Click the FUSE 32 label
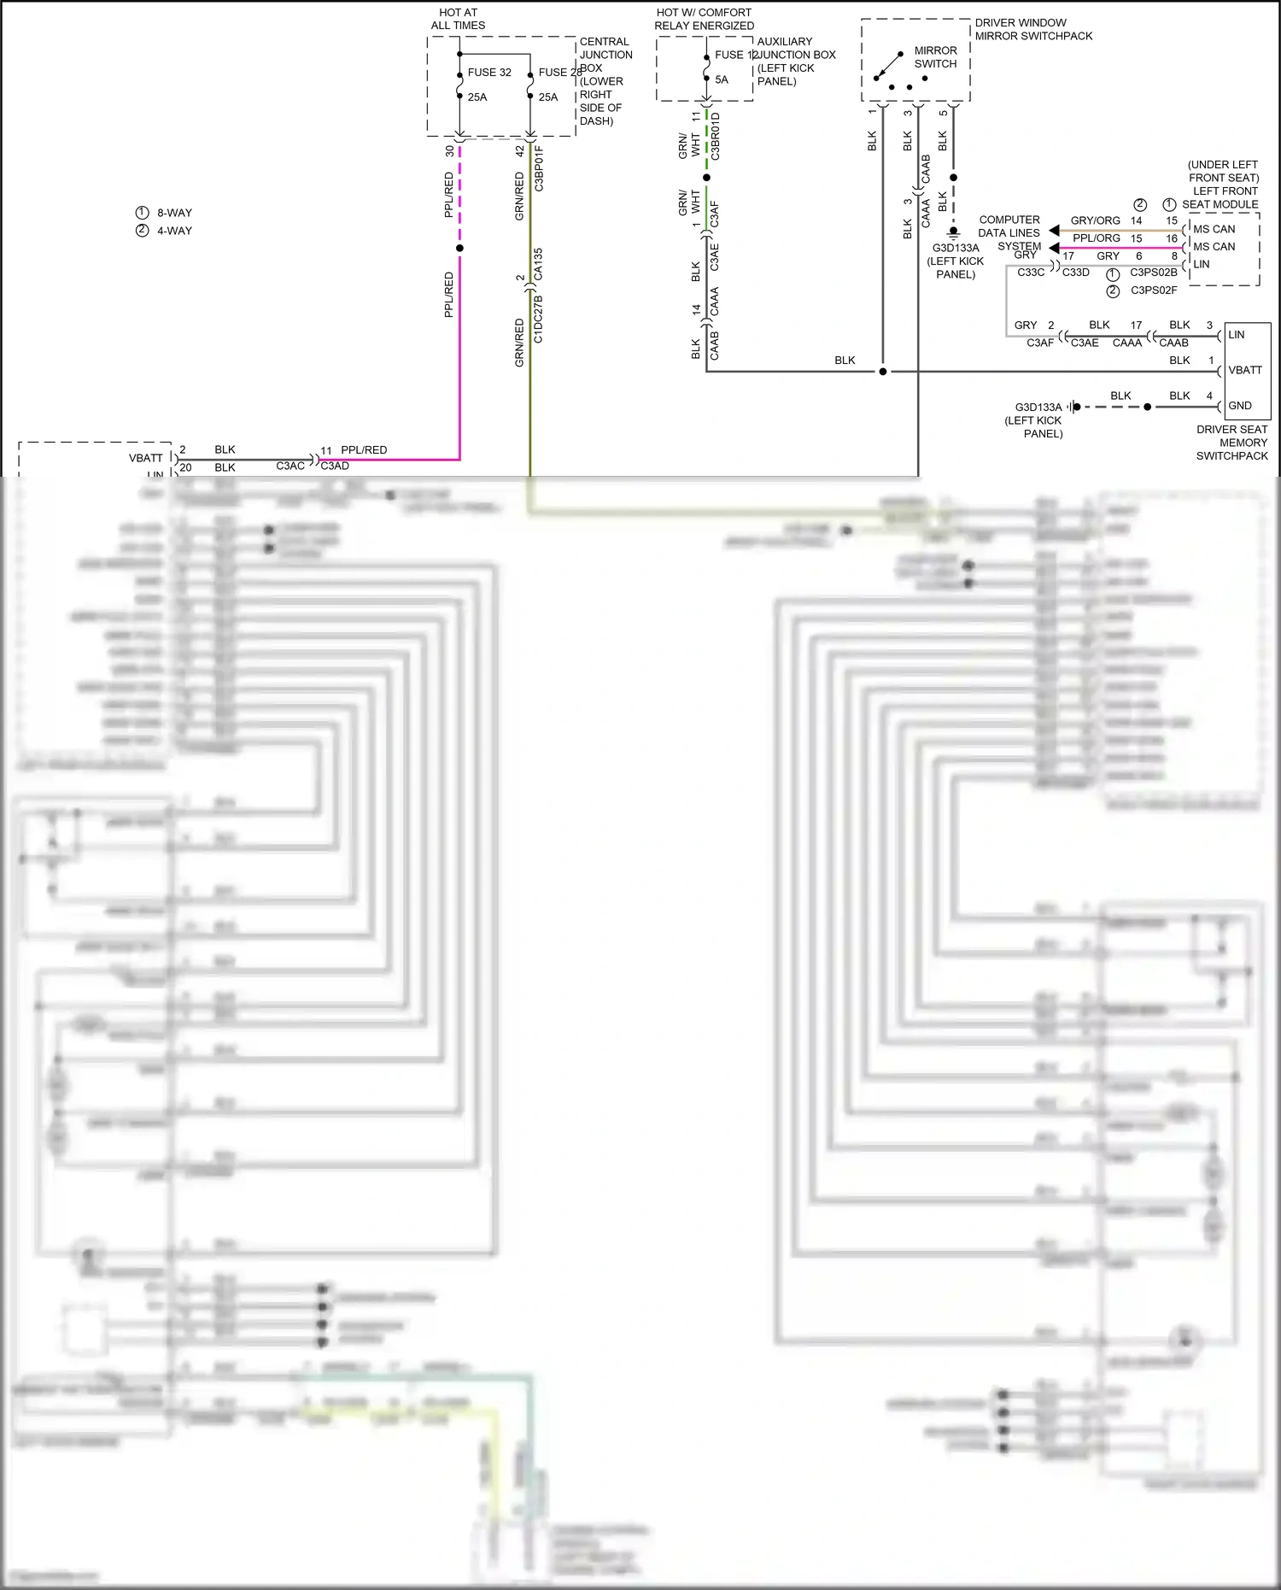tap(489, 73)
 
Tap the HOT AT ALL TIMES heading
tap(458, 19)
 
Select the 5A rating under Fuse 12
tap(722, 80)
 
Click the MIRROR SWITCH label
tap(935, 57)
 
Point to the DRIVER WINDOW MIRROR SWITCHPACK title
tap(1033, 29)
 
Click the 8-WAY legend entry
tap(174, 213)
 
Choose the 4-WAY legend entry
tap(174, 231)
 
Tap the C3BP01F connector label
tap(539, 168)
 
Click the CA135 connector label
tap(538, 264)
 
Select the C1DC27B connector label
tap(538, 320)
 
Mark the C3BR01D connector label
tap(716, 137)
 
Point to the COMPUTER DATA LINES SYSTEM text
tap(1009, 232)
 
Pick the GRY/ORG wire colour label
tap(1095, 220)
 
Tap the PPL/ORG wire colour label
tap(1096, 238)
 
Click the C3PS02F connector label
tap(1154, 290)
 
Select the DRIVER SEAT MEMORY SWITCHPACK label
tap(1231, 443)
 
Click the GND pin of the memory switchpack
tap(1240, 406)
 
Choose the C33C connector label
tap(1031, 273)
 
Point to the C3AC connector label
tap(290, 466)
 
